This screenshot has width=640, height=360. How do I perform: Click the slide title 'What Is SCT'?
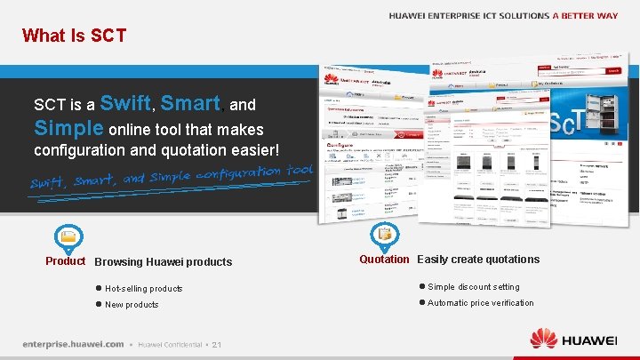coord(74,36)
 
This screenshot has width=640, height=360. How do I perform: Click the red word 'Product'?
coord(66,261)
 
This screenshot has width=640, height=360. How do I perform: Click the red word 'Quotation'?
coord(384,260)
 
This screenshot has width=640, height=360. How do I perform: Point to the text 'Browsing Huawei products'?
coord(163,262)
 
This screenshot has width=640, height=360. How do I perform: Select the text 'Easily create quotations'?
coord(478,260)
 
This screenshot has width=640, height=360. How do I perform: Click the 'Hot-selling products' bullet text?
coord(143,289)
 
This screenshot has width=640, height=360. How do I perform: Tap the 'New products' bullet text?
coord(132,305)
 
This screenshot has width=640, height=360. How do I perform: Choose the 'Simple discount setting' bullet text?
coord(474,287)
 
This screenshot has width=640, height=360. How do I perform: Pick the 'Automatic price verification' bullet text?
coord(481,303)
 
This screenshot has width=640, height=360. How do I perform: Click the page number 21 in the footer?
coord(218,345)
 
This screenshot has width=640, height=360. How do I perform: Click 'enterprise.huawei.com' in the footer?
coord(73,344)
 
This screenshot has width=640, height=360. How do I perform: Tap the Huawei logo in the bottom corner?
coord(573,339)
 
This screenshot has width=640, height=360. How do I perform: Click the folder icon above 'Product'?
coord(68,236)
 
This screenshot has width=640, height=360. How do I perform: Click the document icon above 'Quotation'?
coord(385,235)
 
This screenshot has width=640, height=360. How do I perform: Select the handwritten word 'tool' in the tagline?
coord(300,170)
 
